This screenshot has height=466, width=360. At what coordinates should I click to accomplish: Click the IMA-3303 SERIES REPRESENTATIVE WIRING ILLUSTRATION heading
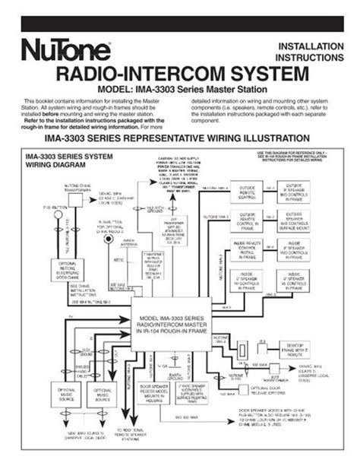pos(180,140)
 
